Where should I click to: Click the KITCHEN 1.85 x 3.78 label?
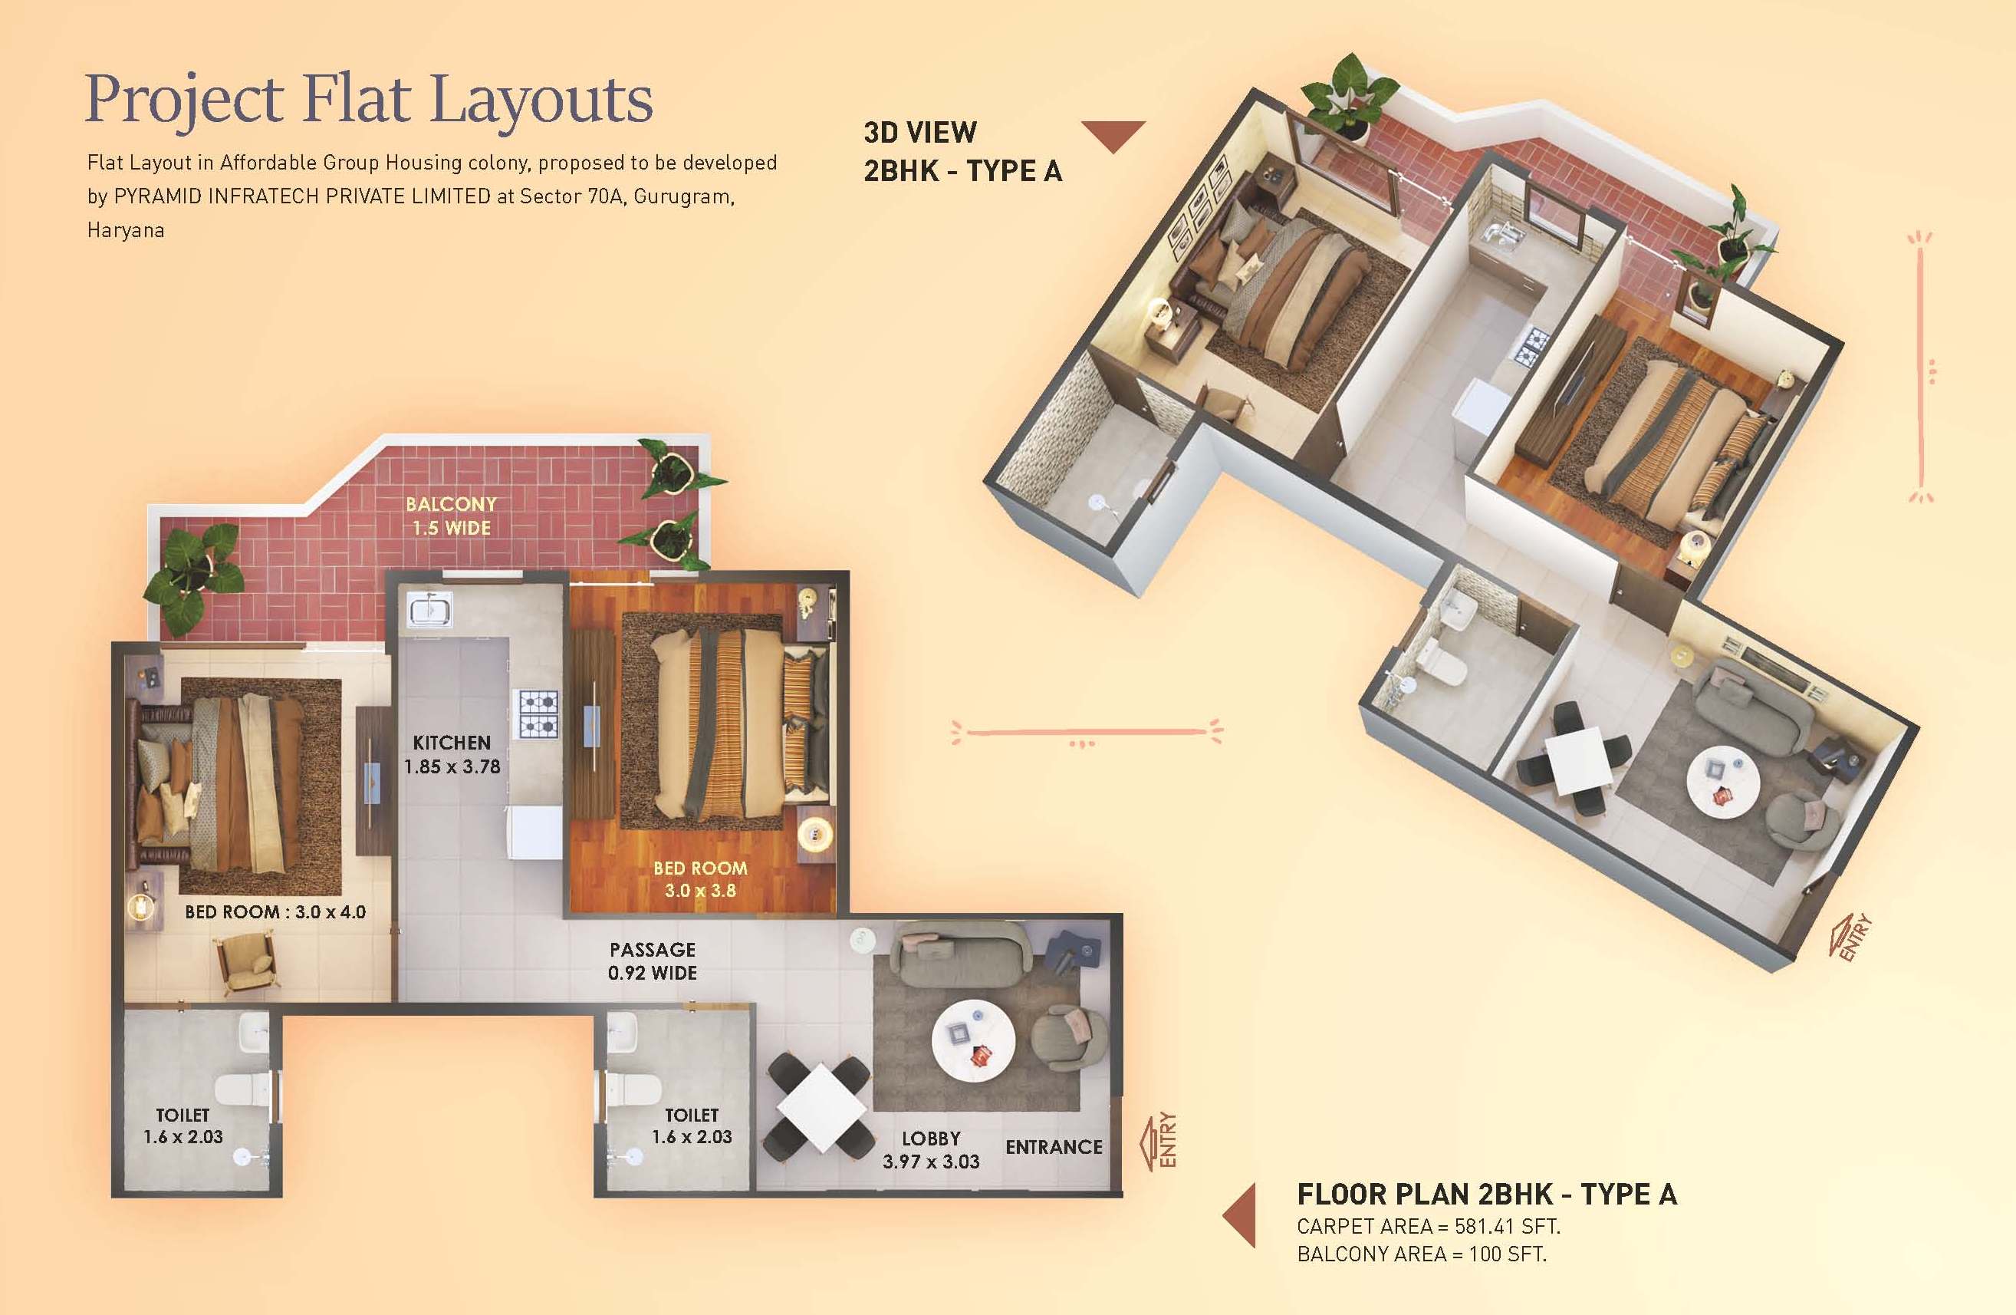coord(452,754)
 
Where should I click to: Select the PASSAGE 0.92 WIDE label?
coord(653,961)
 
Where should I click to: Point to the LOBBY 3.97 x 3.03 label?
coord(931,1150)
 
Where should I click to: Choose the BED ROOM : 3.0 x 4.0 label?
coord(275,911)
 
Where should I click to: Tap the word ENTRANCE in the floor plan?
coord(1054,1146)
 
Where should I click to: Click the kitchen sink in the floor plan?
coord(429,609)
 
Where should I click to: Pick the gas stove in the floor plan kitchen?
coord(538,714)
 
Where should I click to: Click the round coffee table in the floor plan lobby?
coord(973,1041)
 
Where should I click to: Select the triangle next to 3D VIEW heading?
coord(1113,136)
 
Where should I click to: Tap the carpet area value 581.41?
coord(1484,1226)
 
